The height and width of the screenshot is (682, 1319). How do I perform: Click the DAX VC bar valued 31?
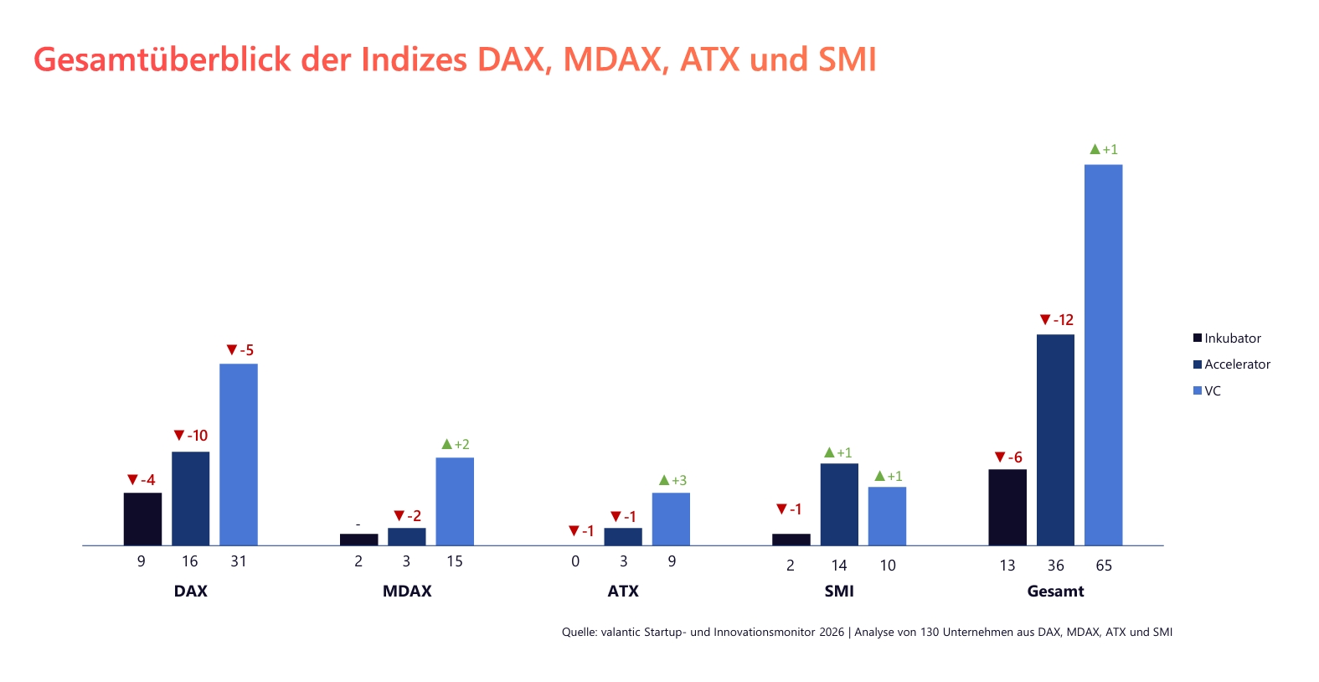tap(239, 455)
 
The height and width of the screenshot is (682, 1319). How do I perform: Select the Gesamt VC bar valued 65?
tap(1104, 355)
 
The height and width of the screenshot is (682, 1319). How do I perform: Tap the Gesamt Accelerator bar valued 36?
tap(1055, 440)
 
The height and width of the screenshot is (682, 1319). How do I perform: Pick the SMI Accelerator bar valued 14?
tap(839, 504)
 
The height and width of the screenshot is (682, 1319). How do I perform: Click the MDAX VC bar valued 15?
tap(455, 502)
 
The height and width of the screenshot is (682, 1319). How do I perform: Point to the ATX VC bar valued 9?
tap(671, 519)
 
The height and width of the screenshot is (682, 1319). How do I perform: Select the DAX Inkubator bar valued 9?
tap(142, 519)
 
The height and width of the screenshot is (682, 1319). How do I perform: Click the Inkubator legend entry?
tap(1227, 338)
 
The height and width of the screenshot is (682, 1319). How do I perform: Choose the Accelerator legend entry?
tap(1231, 364)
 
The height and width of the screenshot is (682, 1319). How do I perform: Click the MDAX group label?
tap(407, 591)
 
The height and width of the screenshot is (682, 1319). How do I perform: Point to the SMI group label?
tap(839, 591)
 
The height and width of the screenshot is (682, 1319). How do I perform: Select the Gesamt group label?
tap(1055, 591)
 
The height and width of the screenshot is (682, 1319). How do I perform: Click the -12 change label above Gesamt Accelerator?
tap(1056, 320)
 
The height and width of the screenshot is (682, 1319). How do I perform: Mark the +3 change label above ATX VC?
tap(672, 480)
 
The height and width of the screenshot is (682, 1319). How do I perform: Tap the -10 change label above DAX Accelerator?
tap(191, 435)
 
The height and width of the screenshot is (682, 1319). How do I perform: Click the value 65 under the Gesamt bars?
tap(1104, 566)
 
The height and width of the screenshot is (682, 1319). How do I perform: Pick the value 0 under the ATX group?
tap(575, 561)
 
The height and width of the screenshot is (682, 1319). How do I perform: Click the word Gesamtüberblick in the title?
tap(162, 59)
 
